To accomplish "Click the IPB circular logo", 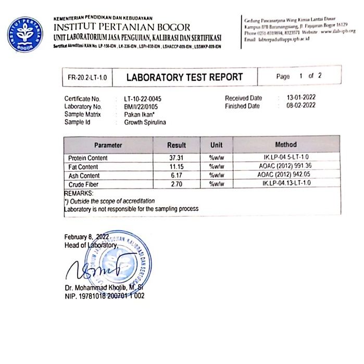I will click(x=25, y=34).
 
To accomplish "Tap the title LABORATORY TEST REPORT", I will click(x=185, y=77).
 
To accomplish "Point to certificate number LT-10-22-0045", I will click(x=144, y=98).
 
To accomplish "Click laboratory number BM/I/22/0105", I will click(x=142, y=106).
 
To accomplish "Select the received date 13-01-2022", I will click(x=301, y=98).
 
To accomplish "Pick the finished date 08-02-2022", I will click(x=301, y=106).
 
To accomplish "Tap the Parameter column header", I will click(x=108, y=145).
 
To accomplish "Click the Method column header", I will click(x=286, y=144).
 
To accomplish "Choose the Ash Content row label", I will click(x=84, y=175).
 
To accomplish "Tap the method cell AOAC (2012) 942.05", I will click(x=286, y=175).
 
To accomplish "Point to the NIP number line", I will click(x=104, y=296).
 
